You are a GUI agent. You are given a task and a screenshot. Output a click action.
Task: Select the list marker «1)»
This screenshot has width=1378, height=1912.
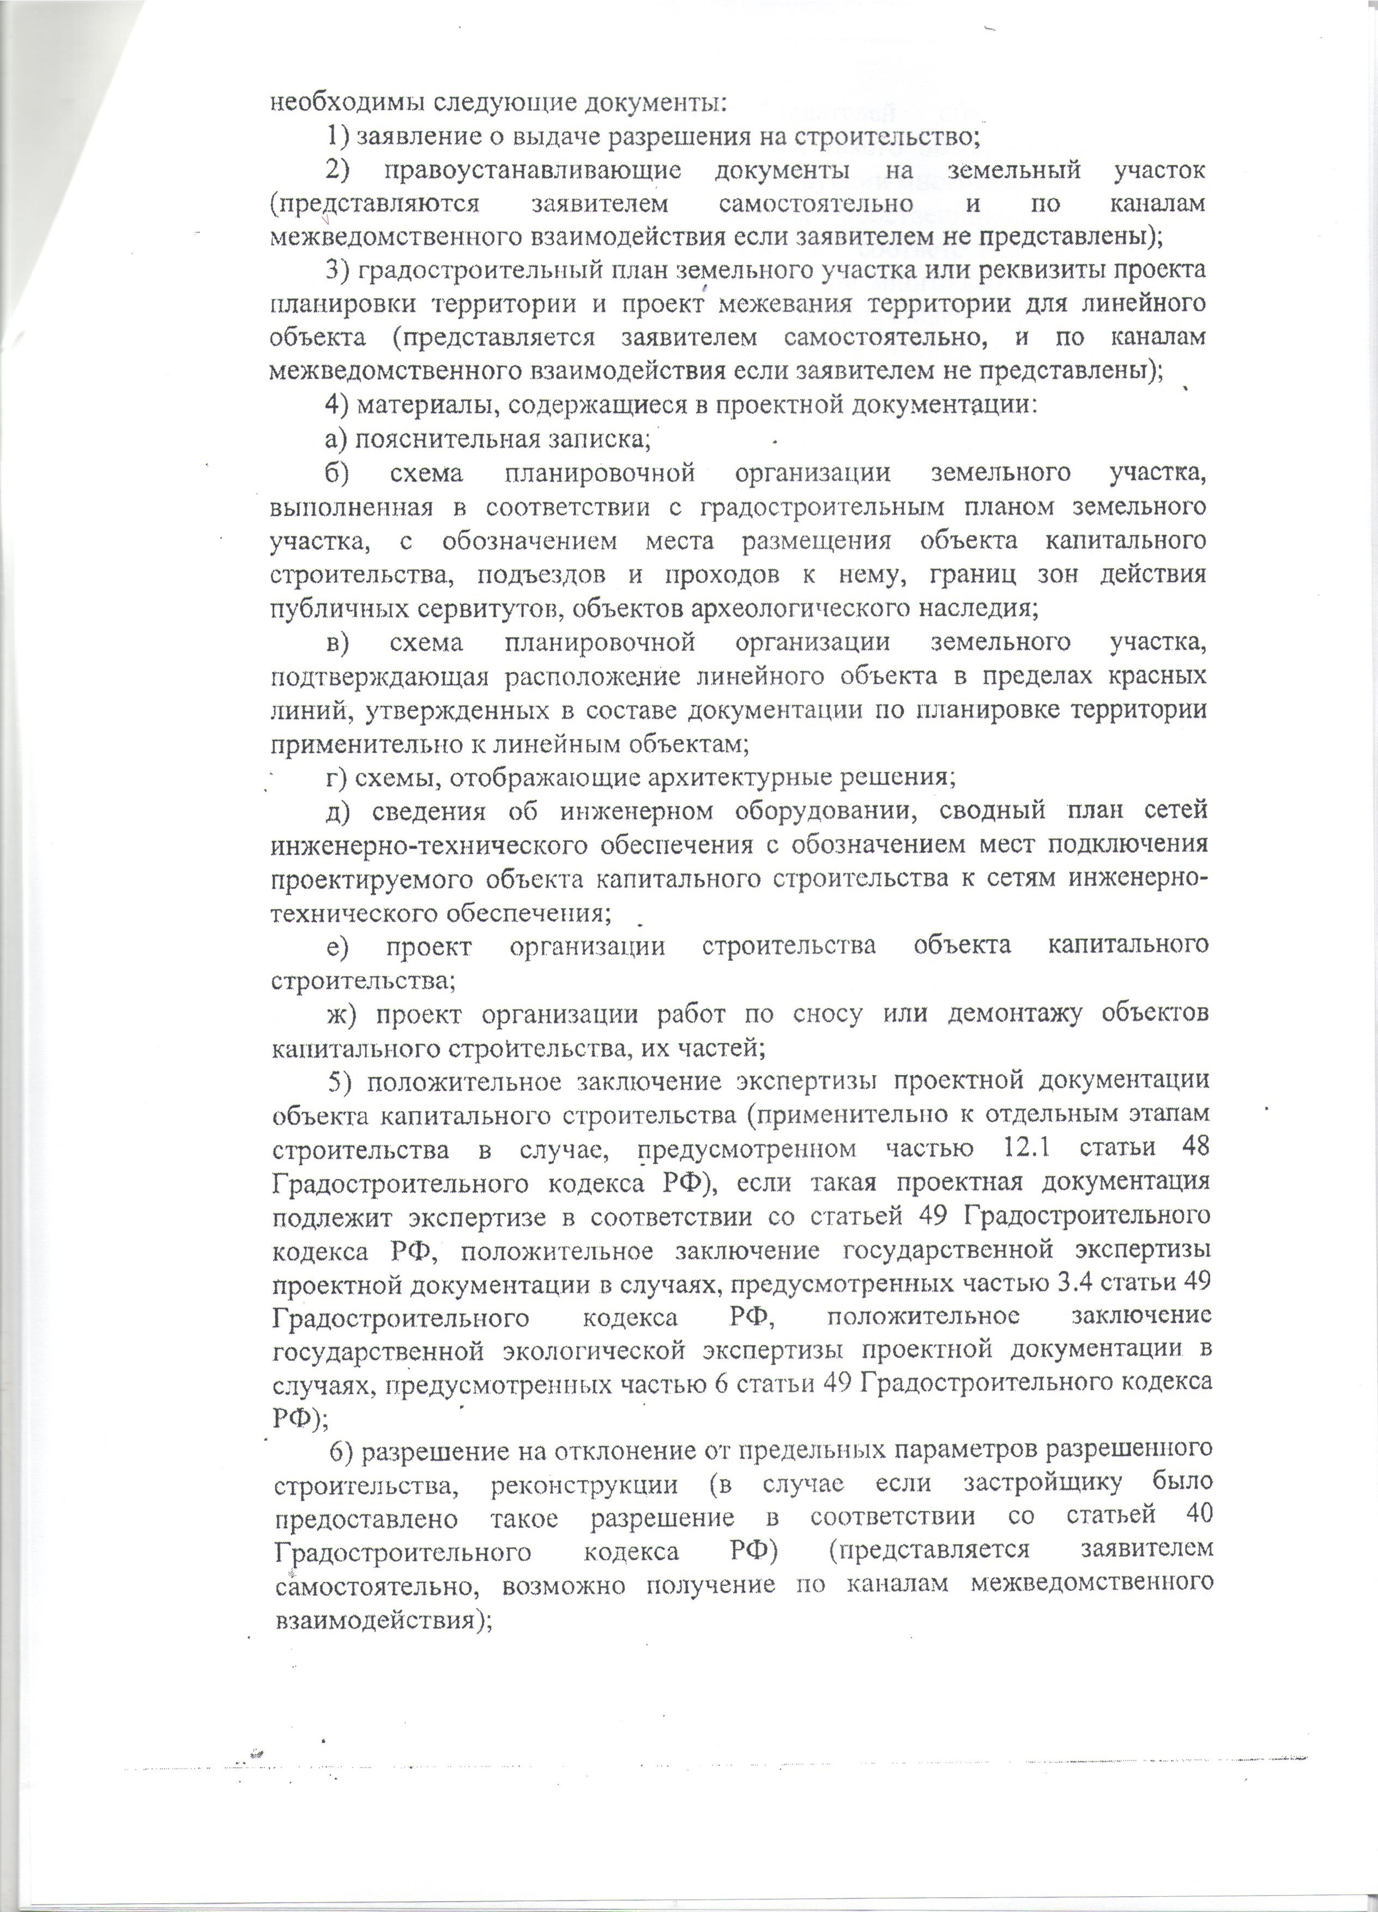pos(338,136)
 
